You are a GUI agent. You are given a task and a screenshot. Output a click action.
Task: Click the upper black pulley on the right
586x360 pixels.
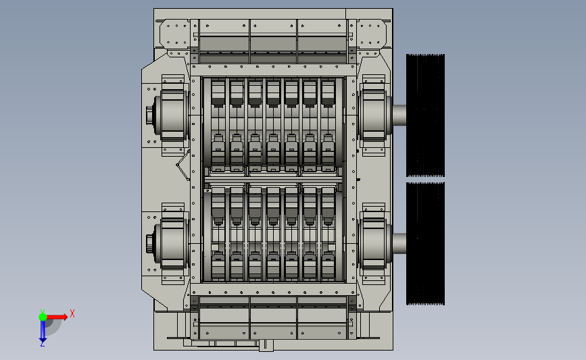pyautogui.click(x=425, y=115)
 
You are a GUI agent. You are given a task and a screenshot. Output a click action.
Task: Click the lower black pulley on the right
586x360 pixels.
pyautogui.click(x=425, y=243)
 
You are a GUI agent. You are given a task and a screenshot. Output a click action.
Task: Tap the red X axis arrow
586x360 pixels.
pyautogui.click(x=56, y=317)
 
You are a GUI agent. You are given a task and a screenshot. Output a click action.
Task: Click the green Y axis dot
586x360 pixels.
pyautogui.click(x=43, y=317)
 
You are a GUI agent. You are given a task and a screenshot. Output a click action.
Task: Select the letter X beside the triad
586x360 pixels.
pyautogui.click(x=72, y=313)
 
